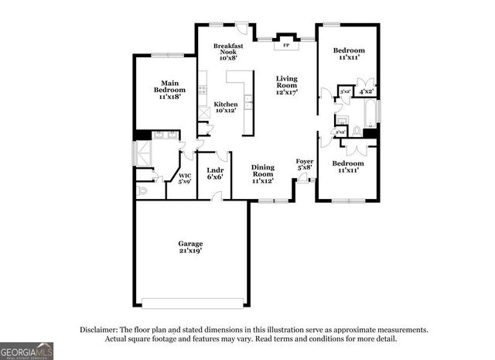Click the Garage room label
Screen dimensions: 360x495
[x=189, y=244]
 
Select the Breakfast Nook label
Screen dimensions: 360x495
[x=229, y=49]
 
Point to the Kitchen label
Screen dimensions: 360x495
[x=226, y=104]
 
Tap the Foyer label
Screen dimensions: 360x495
[x=305, y=161]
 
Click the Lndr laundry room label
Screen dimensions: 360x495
[x=215, y=170]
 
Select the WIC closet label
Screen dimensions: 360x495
[x=184, y=176]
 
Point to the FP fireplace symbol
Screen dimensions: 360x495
[x=286, y=46]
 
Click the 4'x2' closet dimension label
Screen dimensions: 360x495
[x=367, y=91]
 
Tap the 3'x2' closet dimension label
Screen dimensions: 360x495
[x=345, y=91]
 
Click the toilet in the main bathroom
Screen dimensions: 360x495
[x=142, y=189]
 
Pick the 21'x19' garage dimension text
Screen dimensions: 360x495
[x=189, y=251]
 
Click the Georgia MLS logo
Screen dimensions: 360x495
[x=27, y=351]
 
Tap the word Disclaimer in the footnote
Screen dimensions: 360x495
[x=104, y=330]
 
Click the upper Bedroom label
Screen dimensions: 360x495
[x=349, y=51]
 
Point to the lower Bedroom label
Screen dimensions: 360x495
[x=348, y=163]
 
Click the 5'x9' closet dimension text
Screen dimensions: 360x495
[x=184, y=182]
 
